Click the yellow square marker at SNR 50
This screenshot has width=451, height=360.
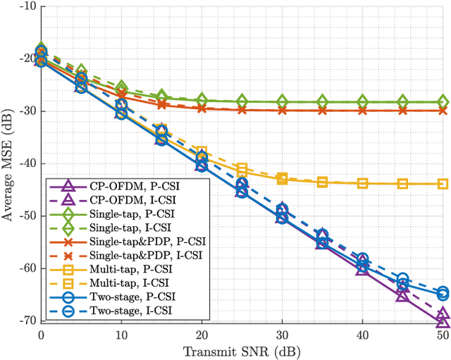click(443, 184)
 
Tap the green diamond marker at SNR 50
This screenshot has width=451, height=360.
click(443, 101)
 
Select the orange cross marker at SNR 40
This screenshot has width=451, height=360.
click(362, 111)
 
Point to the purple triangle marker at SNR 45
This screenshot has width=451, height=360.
click(402, 295)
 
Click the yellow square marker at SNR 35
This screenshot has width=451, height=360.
click(322, 182)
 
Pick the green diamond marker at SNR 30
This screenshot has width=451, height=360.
click(282, 101)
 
